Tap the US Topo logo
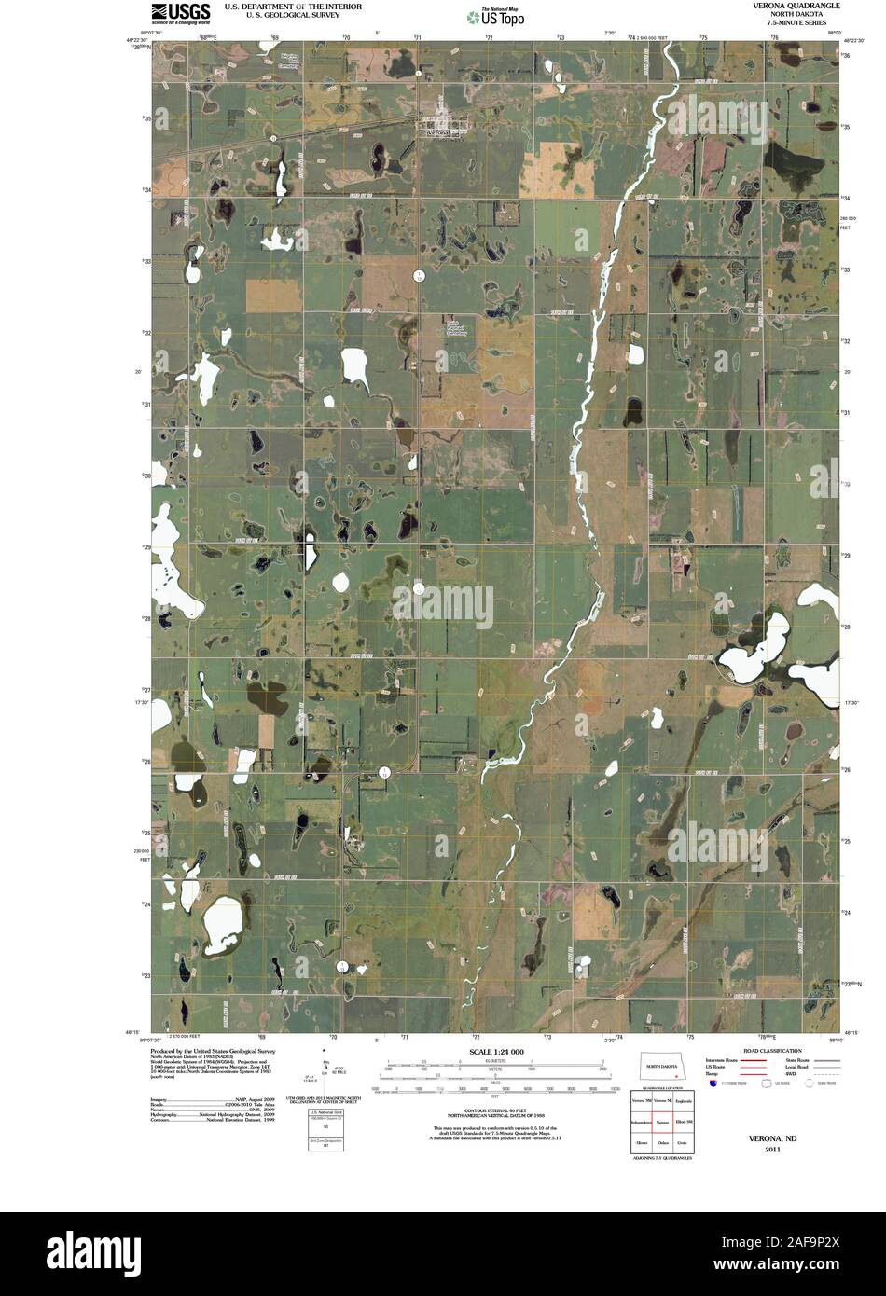[497, 16]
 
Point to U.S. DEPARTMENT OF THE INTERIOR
[292, 6]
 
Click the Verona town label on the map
[436, 133]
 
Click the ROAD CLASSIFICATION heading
[774, 1051]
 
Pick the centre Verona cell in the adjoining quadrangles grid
[663, 1122]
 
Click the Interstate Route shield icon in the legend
[713, 1084]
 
